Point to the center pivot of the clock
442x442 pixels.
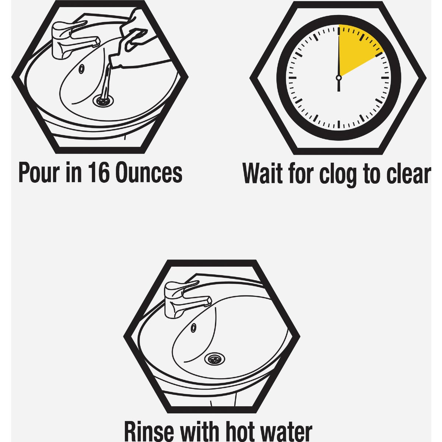[x=338, y=78]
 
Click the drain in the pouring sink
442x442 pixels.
[x=103, y=100]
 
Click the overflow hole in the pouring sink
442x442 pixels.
[x=81, y=69]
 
